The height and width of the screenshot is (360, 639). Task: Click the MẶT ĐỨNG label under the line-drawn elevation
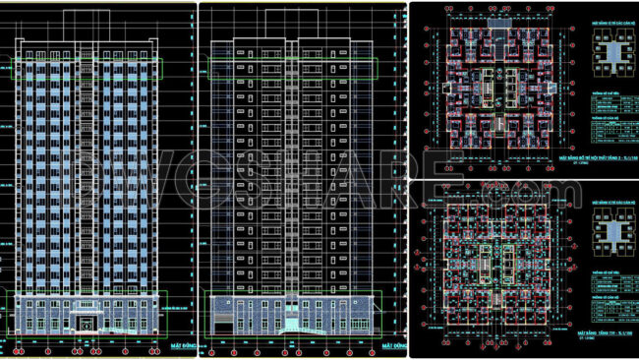coord(393,347)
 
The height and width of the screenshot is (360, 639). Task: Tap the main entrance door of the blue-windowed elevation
coord(87,324)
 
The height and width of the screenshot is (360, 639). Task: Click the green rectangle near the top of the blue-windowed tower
coord(87,68)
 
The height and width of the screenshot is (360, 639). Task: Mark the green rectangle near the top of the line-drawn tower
coord(294,68)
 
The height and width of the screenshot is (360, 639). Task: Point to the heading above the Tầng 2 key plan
coord(612,21)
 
